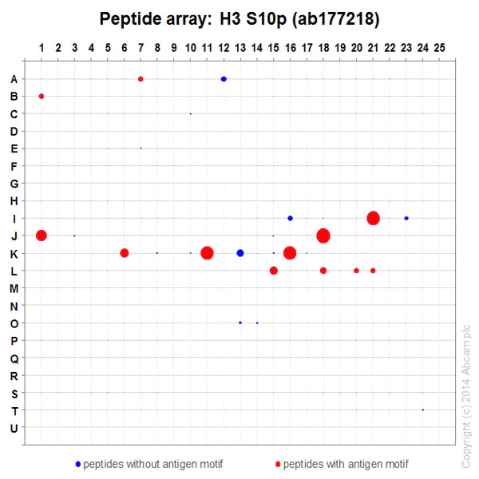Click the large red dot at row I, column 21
[373, 218]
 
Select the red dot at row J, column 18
[323, 236]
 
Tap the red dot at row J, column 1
[42, 236]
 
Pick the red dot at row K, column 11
[207, 253]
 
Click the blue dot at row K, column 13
[240, 253]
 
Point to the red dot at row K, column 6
[125, 253]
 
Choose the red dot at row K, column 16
[290, 253]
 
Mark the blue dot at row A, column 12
[224, 79]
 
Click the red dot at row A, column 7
[141, 79]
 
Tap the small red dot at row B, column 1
[42, 96]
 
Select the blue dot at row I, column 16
[290, 218]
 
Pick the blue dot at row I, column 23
[406, 218]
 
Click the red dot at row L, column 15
[274, 271]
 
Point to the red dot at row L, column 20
[356, 271]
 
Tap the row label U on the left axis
[14, 428]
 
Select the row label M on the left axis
[14, 288]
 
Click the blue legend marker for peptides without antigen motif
[77, 464]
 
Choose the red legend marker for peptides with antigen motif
[277, 464]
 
